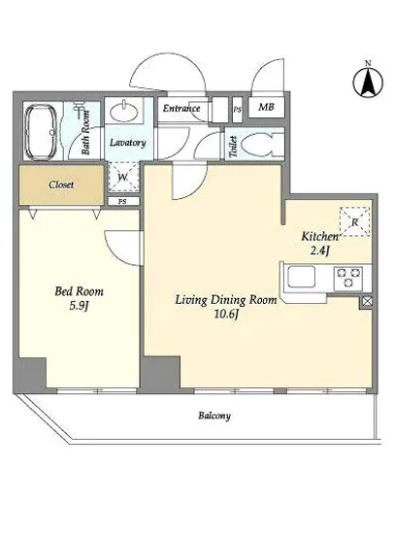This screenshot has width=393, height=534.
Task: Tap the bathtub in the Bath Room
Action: pyautogui.click(x=41, y=132)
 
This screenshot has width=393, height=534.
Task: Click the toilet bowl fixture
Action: pyautogui.click(x=262, y=144)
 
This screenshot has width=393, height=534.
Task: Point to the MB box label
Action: pyautogui.click(x=266, y=107)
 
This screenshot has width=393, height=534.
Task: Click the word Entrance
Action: pyautogui.click(x=181, y=109)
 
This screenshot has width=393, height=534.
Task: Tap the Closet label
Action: pyautogui.click(x=61, y=184)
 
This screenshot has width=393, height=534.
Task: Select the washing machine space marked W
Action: pyautogui.click(x=123, y=178)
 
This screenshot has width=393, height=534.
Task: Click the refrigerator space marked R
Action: pyautogui.click(x=355, y=221)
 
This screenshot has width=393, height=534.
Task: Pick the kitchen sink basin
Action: pyautogui.click(x=302, y=277)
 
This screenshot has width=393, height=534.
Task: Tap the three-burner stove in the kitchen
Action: pyautogui.click(x=348, y=278)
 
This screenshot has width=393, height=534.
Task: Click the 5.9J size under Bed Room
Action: pyautogui.click(x=79, y=306)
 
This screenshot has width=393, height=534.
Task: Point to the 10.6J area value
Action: pyautogui.click(x=226, y=315)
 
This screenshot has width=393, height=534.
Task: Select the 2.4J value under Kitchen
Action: pyautogui.click(x=319, y=251)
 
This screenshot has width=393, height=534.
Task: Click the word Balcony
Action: pyautogui.click(x=214, y=416)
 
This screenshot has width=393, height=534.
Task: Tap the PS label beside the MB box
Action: pyautogui.click(x=237, y=110)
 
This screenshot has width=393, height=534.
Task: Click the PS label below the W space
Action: pyautogui.click(x=122, y=201)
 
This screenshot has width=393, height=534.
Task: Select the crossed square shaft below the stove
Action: pyautogui.click(x=367, y=302)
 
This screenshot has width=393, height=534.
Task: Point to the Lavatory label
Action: pyautogui.click(x=128, y=143)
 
